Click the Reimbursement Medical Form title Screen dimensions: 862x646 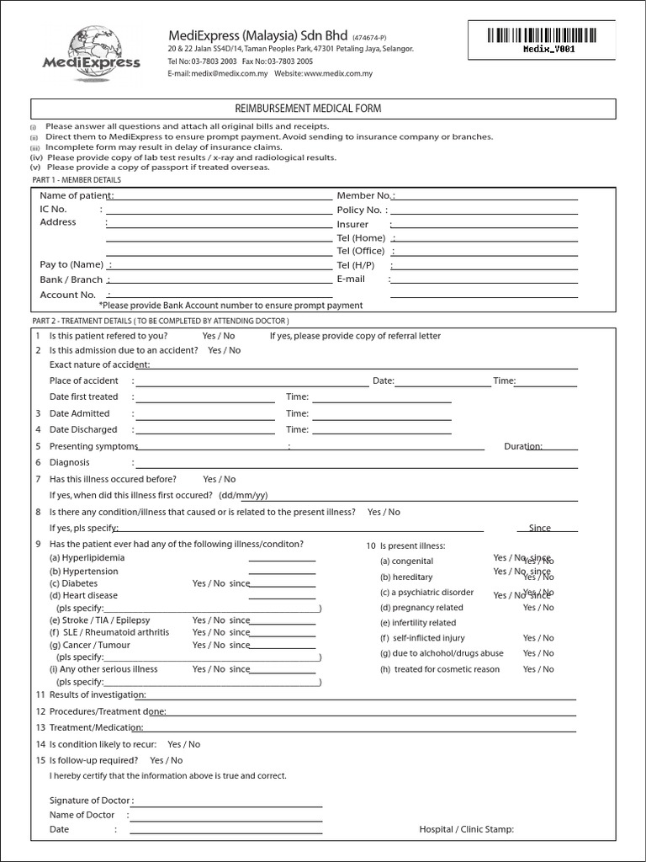pyautogui.click(x=323, y=109)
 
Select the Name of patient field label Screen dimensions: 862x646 pyautogui.click(x=76, y=195)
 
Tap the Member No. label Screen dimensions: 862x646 pyautogui.click(x=365, y=195)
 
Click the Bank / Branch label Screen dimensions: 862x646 pyautogui.click(x=72, y=279)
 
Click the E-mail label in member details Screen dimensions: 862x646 pyautogui.click(x=352, y=279)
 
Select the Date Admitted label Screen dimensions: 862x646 pyautogui.click(x=79, y=413)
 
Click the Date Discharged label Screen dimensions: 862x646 pyautogui.click(x=83, y=429)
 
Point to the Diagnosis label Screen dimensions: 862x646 pyautogui.click(x=70, y=462)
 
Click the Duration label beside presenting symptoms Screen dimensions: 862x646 pyautogui.click(x=522, y=446)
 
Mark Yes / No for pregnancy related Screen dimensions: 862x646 pyautogui.click(x=538, y=607)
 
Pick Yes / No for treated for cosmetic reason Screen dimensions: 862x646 pyautogui.click(x=538, y=669)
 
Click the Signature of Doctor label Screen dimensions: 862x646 pyautogui.click(x=91, y=801)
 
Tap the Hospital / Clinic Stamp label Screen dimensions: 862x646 pyautogui.click(x=466, y=829)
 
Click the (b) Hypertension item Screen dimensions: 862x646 pyautogui.click(x=83, y=571)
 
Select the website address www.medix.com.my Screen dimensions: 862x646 pyautogui.click(x=338, y=73)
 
